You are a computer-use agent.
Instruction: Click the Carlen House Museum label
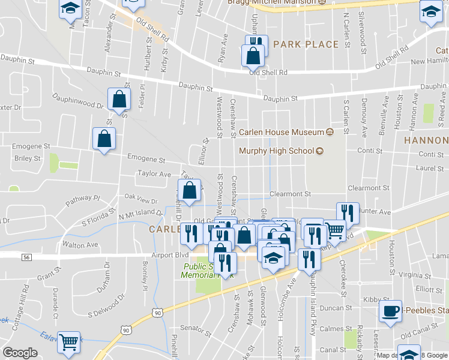click(281, 132)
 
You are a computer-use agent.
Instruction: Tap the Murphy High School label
click(277, 151)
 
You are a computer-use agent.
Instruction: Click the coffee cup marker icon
click(390, 310)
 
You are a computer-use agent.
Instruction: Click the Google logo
click(20, 353)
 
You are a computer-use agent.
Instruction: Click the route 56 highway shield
click(26, 257)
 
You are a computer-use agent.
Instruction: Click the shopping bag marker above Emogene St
click(104, 139)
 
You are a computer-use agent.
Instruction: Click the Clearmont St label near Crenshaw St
click(290, 194)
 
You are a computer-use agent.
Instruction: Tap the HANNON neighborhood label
click(426, 140)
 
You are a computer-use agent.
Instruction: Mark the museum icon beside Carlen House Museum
click(330, 132)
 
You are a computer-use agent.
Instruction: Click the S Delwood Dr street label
click(106, 306)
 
